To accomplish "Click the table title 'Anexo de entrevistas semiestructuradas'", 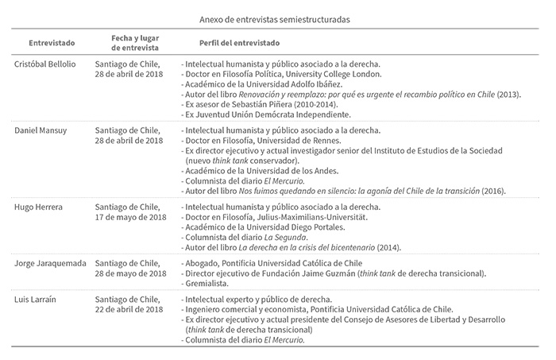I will tap(278, 16).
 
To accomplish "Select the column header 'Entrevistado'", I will tap(52, 41).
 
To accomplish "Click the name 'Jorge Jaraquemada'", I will tap(49, 261).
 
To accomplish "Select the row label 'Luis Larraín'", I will tap(36, 300).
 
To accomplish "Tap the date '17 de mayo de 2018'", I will tap(131, 217).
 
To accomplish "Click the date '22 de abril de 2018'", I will tap(131, 310).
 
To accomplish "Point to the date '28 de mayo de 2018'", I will tap(132, 271).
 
